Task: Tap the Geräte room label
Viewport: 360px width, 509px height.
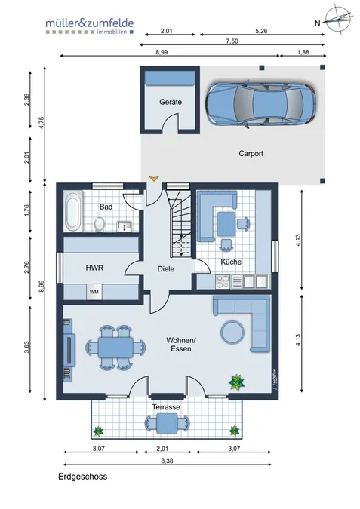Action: (x=171, y=102)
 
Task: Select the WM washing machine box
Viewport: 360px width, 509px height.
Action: (x=94, y=292)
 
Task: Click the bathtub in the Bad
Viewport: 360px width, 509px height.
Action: (x=72, y=211)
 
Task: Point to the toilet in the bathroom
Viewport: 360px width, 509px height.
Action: (x=100, y=224)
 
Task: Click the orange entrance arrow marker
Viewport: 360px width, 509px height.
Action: (x=154, y=179)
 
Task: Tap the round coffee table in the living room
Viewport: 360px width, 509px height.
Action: (x=232, y=332)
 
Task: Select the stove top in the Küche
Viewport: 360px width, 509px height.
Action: (x=223, y=281)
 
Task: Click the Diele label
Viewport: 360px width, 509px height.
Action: (x=166, y=268)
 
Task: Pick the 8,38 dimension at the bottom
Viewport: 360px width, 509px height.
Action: (x=167, y=461)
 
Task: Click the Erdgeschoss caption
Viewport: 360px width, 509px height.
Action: (x=82, y=477)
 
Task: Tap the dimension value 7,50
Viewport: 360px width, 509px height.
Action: (x=232, y=41)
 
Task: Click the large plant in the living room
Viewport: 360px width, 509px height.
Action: (x=236, y=382)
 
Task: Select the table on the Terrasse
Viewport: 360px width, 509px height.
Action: (x=167, y=424)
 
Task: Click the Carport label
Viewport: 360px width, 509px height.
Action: (x=251, y=153)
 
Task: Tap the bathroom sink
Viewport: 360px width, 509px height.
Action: (x=124, y=225)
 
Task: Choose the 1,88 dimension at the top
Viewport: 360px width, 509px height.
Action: (x=303, y=52)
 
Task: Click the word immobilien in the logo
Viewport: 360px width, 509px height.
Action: (x=112, y=32)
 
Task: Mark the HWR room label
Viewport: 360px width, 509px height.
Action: (x=94, y=268)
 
